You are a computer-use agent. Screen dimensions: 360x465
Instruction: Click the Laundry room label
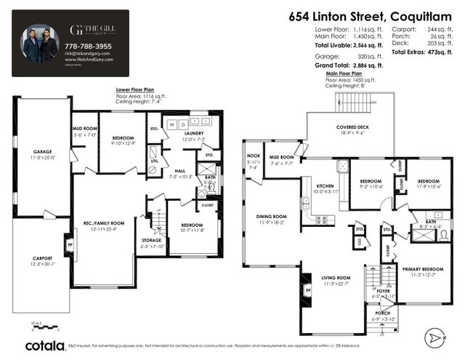coord(194,134)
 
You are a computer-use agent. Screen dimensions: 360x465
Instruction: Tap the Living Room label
coord(336,278)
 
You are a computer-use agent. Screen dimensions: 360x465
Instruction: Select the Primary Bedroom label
coord(422,269)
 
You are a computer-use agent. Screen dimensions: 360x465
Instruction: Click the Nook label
coord(253,155)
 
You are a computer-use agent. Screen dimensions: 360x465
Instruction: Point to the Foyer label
coord(383,291)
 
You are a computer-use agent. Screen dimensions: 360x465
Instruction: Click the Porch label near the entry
coord(382,314)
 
